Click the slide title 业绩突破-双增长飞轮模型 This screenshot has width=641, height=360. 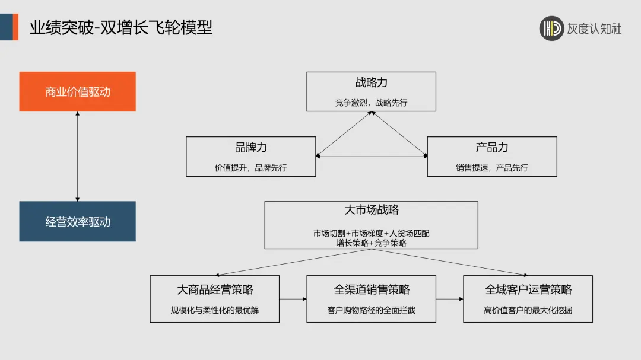coord(121,27)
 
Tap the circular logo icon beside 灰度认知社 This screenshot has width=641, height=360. coord(551,28)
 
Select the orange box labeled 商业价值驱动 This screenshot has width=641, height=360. coord(77,92)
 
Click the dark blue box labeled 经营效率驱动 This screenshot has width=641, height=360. coord(77,222)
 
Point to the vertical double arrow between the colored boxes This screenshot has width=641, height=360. coord(77,157)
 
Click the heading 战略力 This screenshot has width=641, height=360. coord(371,83)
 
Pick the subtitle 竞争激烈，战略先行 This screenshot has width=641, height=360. coord(371,103)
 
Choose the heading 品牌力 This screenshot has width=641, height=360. coord(250,148)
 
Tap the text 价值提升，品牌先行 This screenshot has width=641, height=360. coord(250,168)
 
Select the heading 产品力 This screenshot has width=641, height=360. coord(492,148)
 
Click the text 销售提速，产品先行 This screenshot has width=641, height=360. coord(492,168)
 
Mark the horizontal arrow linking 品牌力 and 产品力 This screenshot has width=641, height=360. coord(372,157)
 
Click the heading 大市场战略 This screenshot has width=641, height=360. coord(371,210)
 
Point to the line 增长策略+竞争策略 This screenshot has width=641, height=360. coord(371,243)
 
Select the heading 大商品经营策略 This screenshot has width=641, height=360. coord(215,289)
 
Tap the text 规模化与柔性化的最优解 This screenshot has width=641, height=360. coord(215,310)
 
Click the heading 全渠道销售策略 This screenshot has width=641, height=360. coord(372,289)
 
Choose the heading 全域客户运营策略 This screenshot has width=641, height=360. coord(528,289)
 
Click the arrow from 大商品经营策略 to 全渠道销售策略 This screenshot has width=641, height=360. coord(293,299)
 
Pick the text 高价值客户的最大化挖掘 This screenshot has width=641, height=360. coord(528,310)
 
